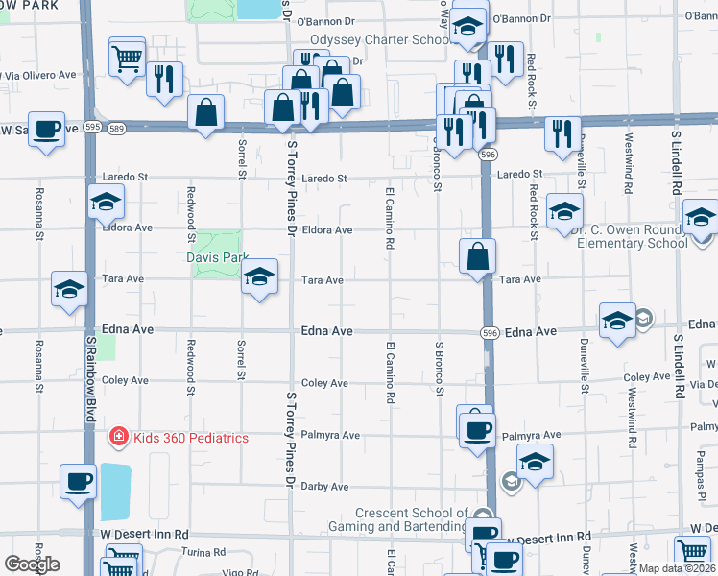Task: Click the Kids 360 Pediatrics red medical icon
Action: point(118,437)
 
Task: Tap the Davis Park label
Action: point(217,257)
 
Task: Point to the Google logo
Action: point(32,564)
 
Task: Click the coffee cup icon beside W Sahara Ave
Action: point(46,129)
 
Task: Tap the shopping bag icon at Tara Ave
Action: point(477,256)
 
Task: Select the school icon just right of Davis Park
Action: point(258,277)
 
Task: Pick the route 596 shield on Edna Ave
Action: point(489,332)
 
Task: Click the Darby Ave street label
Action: point(324,487)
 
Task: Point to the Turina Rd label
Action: point(205,552)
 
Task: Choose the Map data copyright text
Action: point(676,568)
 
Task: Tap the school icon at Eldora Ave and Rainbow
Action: point(106,203)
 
